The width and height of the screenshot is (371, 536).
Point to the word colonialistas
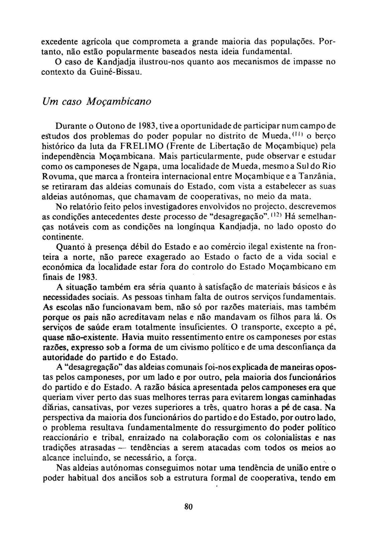click(286, 438)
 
